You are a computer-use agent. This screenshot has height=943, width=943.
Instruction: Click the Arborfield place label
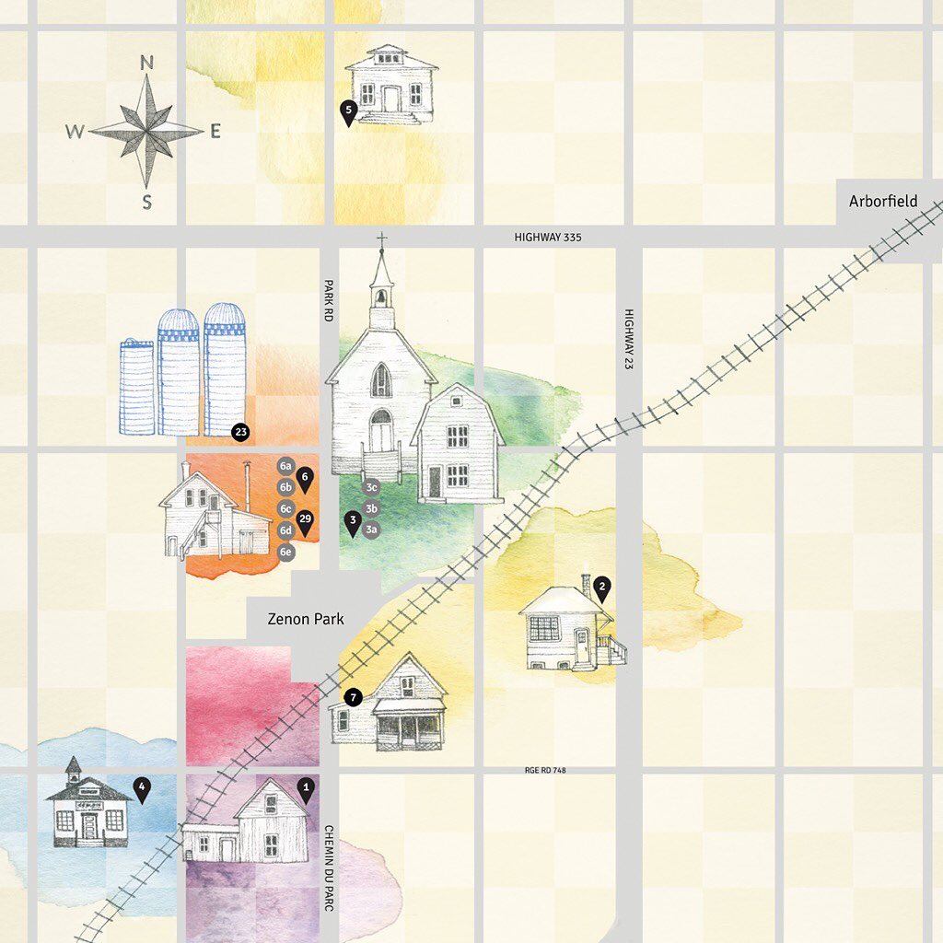click(x=883, y=201)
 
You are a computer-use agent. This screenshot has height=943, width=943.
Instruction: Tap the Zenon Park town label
click(x=306, y=619)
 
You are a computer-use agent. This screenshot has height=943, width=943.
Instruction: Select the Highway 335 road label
click(x=548, y=238)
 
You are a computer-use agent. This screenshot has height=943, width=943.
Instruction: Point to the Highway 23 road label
click(x=629, y=339)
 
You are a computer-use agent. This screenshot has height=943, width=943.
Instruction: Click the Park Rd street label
click(x=327, y=300)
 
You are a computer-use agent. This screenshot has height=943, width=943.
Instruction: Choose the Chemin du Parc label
click(x=328, y=867)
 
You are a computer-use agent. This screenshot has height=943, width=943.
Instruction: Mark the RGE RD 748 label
click(x=546, y=770)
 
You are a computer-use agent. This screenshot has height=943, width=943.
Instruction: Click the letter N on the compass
click(x=146, y=63)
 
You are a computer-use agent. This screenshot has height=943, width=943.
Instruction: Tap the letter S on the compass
click(x=146, y=204)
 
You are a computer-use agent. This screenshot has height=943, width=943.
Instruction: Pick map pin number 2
click(x=601, y=586)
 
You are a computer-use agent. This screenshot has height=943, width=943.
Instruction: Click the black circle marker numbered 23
click(x=240, y=431)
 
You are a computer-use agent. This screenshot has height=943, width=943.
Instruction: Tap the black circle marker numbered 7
click(x=353, y=697)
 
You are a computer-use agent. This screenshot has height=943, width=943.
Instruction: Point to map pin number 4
click(x=142, y=788)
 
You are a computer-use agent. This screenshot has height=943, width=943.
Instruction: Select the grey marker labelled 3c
click(x=371, y=487)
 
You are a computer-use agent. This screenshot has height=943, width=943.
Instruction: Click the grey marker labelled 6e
click(x=286, y=553)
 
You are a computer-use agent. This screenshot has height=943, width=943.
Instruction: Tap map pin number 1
click(x=307, y=788)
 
